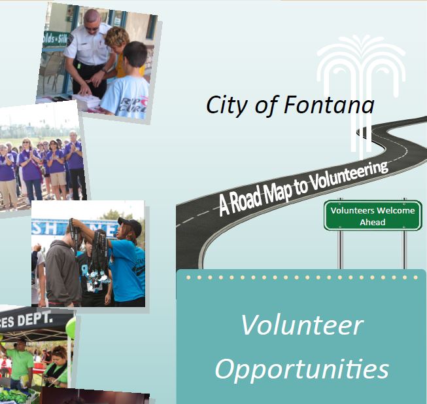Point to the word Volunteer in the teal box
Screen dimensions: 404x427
[301, 325]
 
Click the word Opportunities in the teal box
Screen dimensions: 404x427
[301, 369]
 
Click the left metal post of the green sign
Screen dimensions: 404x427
[339, 249]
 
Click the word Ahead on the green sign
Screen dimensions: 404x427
[373, 223]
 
